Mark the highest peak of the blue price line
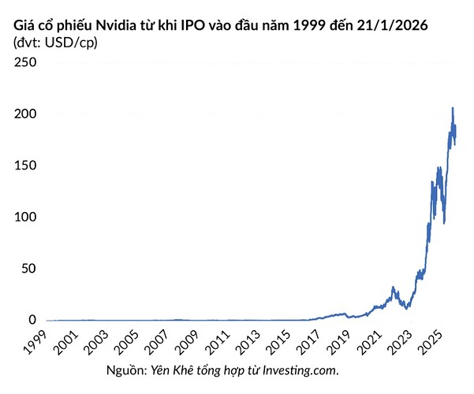(452, 108)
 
